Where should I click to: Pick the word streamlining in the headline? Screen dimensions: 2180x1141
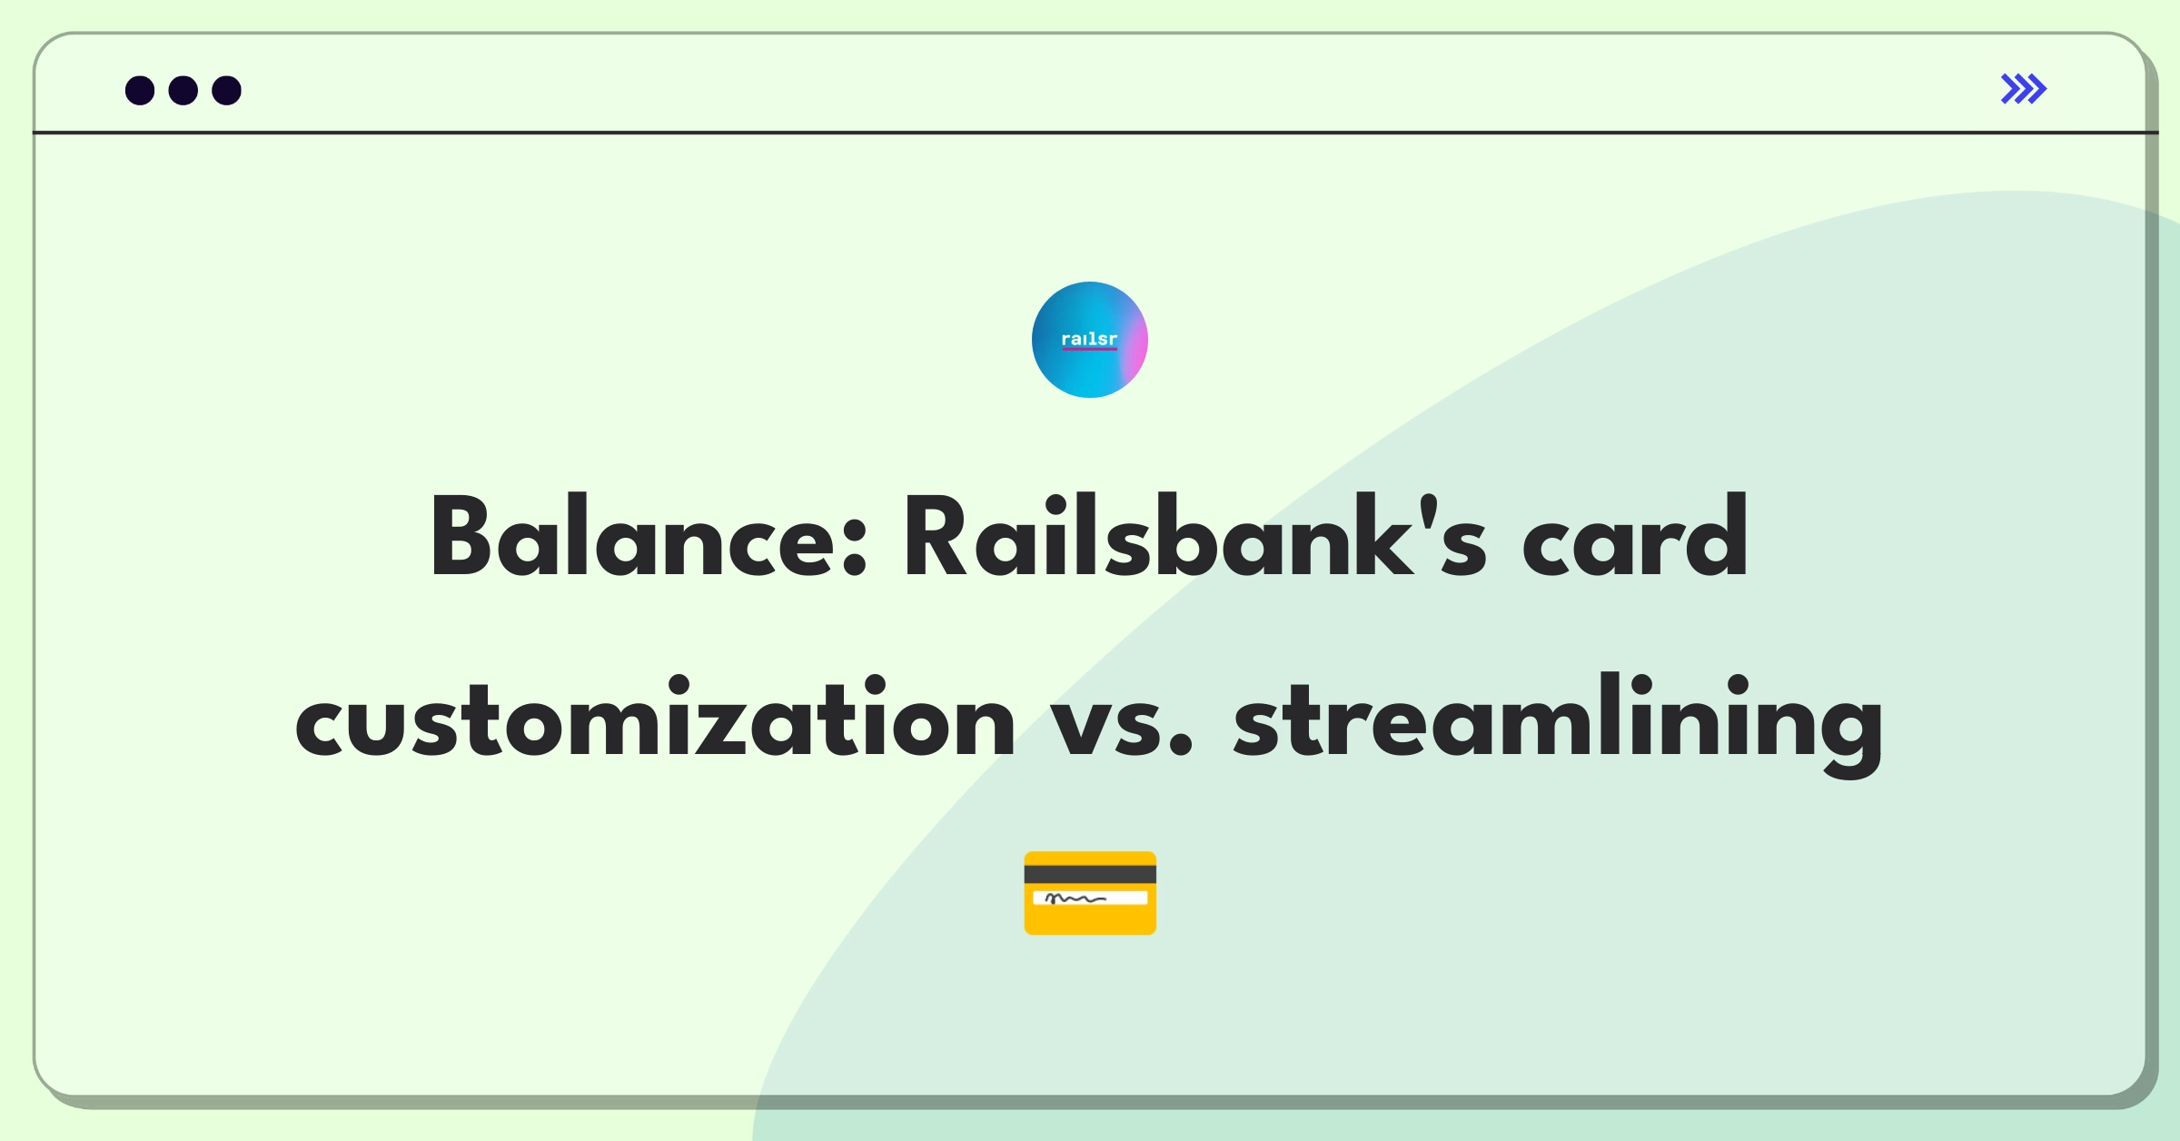[x=1557, y=725]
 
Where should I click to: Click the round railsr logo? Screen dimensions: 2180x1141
[x=1090, y=340]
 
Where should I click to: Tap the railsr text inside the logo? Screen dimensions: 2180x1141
[x=1090, y=339]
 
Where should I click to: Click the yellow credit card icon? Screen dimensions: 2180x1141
[x=1090, y=893]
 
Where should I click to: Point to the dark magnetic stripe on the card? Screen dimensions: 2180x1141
[x=1090, y=874]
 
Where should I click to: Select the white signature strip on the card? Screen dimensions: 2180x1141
[x=1090, y=898]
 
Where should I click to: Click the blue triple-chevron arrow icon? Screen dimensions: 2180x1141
[x=2024, y=89]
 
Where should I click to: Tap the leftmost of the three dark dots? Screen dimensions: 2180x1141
[x=140, y=90]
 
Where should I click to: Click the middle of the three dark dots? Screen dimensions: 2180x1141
[x=183, y=90]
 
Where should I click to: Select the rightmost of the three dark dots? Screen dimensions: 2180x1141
[x=227, y=90]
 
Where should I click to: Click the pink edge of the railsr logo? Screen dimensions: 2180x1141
[x=1135, y=345]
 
